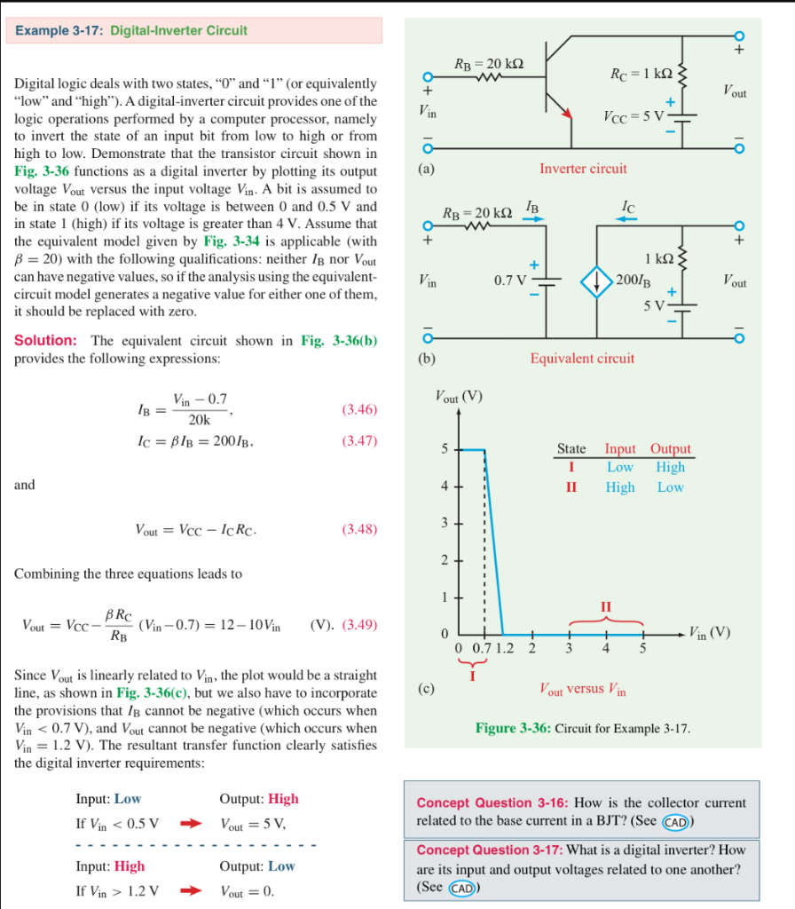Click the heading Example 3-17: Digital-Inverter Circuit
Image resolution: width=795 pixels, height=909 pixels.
pyautogui.click(x=130, y=30)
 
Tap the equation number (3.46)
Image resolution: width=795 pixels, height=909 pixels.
pyautogui.click(x=359, y=409)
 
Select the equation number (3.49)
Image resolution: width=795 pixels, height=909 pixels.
pyautogui.click(x=359, y=625)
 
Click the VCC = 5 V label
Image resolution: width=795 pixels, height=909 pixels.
pyautogui.click(x=635, y=116)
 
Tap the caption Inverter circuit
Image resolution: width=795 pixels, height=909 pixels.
pyautogui.click(x=583, y=168)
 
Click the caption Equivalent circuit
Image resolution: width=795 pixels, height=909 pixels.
pyautogui.click(x=582, y=358)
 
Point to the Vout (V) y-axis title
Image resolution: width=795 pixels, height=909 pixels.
pyautogui.click(x=458, y=397)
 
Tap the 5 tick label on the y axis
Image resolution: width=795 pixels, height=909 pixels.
pyautogui.click(x=445, y=449)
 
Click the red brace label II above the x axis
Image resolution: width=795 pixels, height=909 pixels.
pyautogui.click(x=606, y=606)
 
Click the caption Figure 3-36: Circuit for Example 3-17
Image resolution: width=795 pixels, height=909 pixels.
pyautogui.click(x=583, y=728)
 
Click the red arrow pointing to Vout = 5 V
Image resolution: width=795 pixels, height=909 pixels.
pyautogui.click(x=192, y=823)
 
